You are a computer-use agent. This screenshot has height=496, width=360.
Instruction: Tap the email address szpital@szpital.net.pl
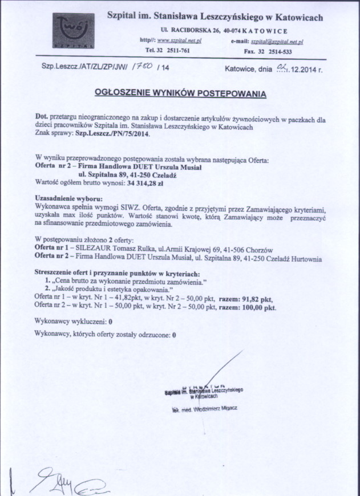coord(277,42)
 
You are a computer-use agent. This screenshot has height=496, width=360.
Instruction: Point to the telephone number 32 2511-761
coord(171,50)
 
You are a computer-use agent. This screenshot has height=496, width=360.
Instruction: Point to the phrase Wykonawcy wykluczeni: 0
coord(74,322)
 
